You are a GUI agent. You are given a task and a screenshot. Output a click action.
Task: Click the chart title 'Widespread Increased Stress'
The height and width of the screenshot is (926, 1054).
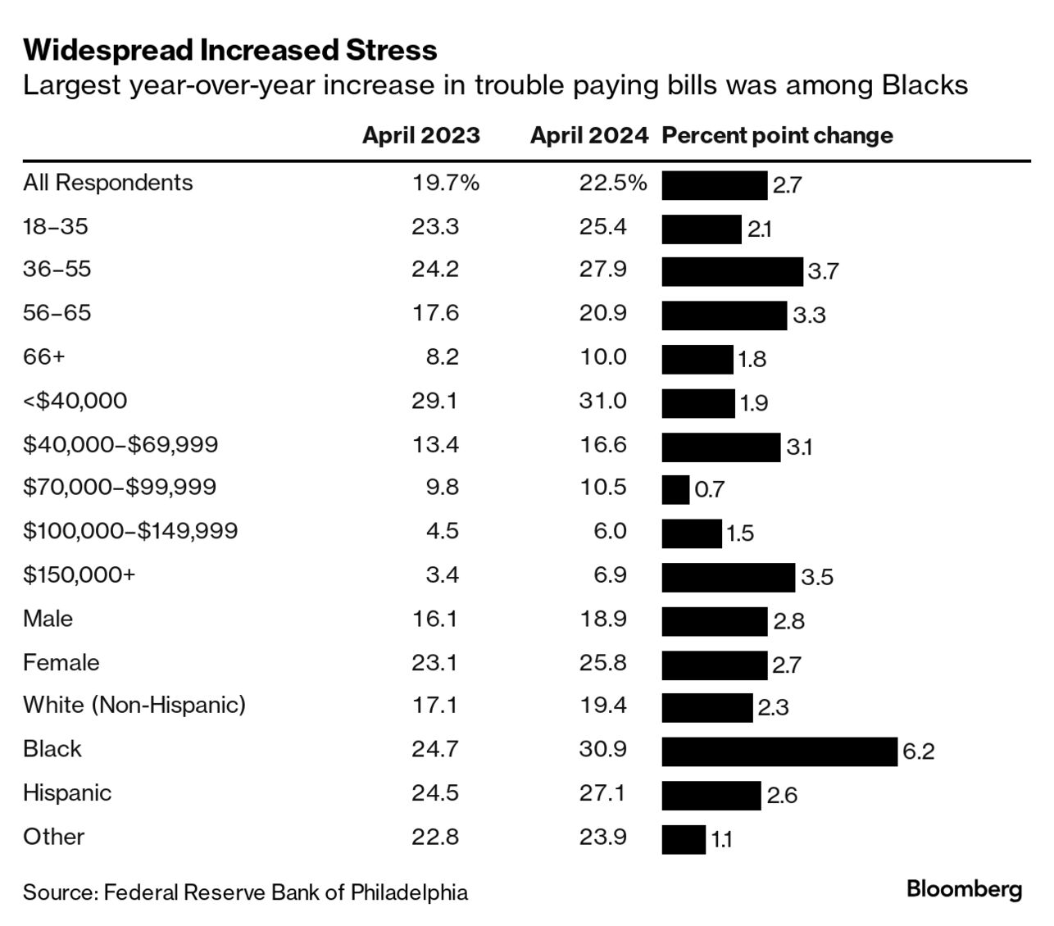[230, 50]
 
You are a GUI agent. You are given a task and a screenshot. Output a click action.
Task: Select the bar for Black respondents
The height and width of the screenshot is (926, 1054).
[779, 751]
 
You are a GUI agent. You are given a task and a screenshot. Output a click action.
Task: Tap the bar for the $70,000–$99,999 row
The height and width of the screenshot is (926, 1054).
[675, 490]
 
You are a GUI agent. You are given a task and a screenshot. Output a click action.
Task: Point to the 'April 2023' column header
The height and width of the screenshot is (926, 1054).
[420, 136]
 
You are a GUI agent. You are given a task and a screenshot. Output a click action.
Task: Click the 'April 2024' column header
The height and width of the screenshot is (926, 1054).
[588, 136]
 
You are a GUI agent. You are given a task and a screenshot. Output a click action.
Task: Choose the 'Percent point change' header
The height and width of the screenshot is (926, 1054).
[777, 136]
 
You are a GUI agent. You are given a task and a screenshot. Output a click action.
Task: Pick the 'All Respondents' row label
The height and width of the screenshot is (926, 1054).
[108, 183]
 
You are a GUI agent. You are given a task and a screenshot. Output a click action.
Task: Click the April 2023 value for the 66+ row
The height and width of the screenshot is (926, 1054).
[442, 357]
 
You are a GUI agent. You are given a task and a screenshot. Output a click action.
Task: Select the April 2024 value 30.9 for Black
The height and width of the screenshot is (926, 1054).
[602, 749]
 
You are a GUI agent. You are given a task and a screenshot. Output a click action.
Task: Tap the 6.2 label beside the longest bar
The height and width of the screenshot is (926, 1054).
[918, 751]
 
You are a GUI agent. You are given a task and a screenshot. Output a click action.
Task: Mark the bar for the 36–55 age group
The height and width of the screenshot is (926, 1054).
[732, 271]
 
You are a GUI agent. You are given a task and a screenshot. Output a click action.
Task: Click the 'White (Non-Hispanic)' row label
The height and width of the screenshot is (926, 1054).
[134, 705]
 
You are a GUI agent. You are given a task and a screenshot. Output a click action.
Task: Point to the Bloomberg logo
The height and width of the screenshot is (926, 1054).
[964, 890]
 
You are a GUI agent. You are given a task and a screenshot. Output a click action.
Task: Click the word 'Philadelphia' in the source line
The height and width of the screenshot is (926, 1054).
[409, 892]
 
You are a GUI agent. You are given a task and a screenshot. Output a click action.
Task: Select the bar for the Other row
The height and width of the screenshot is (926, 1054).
[684, 839]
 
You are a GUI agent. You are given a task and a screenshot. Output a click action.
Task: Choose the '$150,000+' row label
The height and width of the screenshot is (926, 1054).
[80, 574]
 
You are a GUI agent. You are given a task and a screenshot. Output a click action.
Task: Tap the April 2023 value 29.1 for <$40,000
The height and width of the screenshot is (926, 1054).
[435, 401]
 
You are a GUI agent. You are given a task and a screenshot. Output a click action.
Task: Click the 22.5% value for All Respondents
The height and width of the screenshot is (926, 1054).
[612, 183]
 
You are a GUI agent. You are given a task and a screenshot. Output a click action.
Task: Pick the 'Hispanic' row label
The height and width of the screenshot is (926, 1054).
[67, 793]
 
